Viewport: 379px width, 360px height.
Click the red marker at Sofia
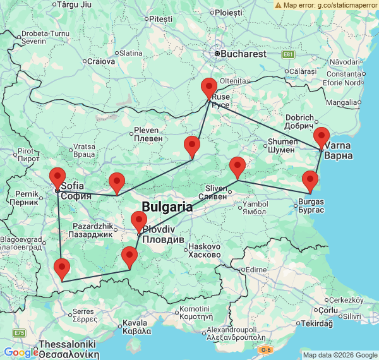click(57, 178)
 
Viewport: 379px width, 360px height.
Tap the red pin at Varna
click(322, 138)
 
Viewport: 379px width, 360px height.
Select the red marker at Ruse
click(209, 88)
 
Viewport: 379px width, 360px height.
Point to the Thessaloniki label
click(68, 344)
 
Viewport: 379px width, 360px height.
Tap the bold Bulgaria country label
click(167, 207)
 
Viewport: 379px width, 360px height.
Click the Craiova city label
click(101, 62)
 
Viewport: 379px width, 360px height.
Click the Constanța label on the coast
click(342, 75)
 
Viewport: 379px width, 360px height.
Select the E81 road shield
click(289, 55)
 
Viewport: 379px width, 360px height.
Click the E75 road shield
click(20, 333)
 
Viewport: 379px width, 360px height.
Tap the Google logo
click(20, 352)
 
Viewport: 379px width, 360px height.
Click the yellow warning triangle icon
click(279, 5)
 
